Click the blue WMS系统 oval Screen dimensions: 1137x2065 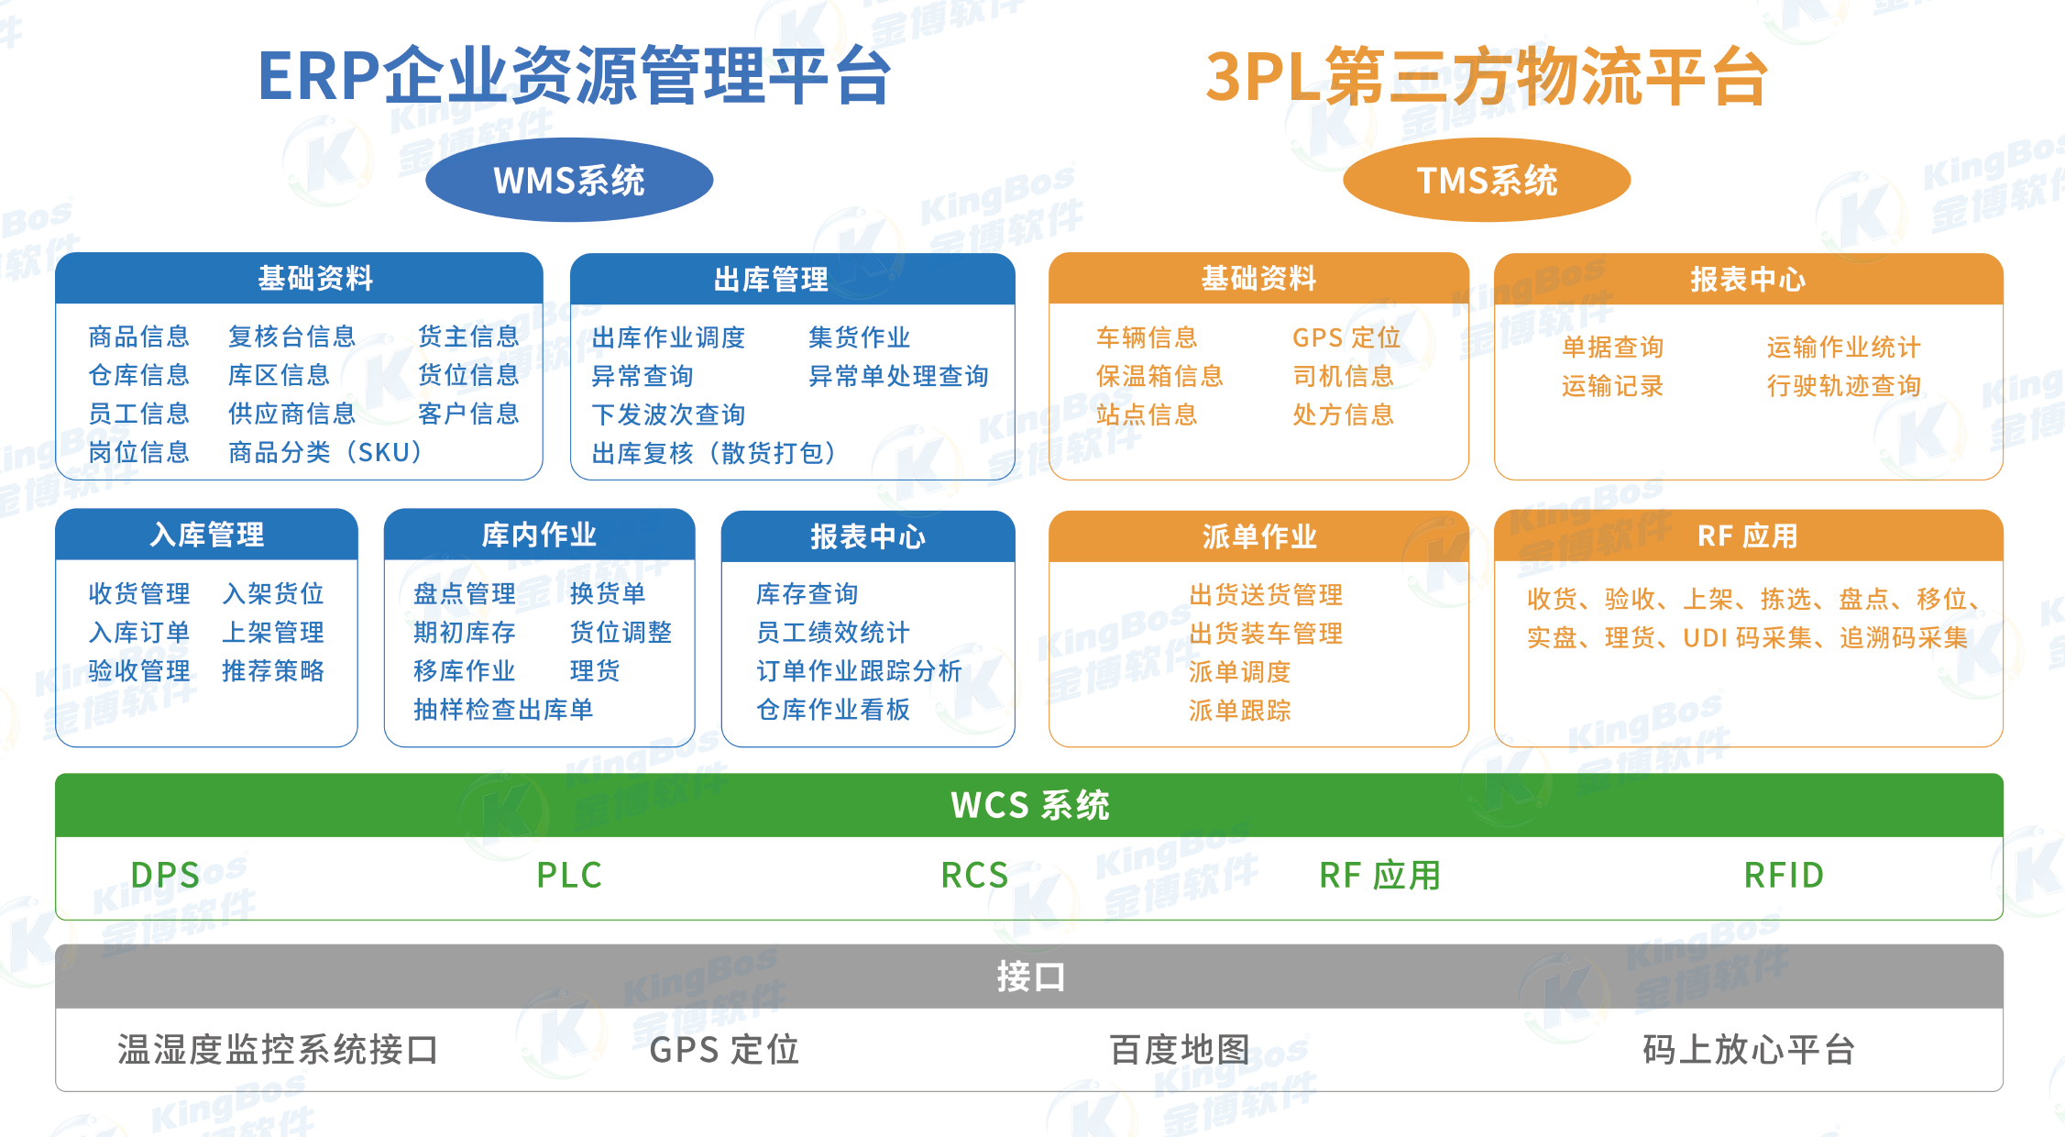(569, 180)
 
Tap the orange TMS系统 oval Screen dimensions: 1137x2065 (1487, 180)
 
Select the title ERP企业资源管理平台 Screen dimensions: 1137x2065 (575, 75)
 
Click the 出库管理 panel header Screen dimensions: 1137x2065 (770, 279)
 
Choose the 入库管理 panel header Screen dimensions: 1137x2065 (207, 535)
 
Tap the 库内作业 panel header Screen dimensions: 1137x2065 (539, 535)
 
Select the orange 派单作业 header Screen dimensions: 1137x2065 (1258, 536)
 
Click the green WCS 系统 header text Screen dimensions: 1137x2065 (1029, 805)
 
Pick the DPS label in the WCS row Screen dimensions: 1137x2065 (165, 875)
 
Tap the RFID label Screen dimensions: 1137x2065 (1784, 875)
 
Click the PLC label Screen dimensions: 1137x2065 (569, 875)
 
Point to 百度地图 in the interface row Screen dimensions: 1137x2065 (1180, 1050)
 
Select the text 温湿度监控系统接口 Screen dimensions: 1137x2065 (278, 1050)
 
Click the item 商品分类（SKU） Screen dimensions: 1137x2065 (325, 452)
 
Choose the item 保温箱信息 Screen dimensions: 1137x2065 (1159, 376)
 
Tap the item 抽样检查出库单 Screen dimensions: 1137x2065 (503, 709)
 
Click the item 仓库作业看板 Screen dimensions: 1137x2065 (833, 709)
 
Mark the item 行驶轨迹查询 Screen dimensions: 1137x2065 (1843, 386)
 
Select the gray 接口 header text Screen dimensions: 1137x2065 (1029, 977)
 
